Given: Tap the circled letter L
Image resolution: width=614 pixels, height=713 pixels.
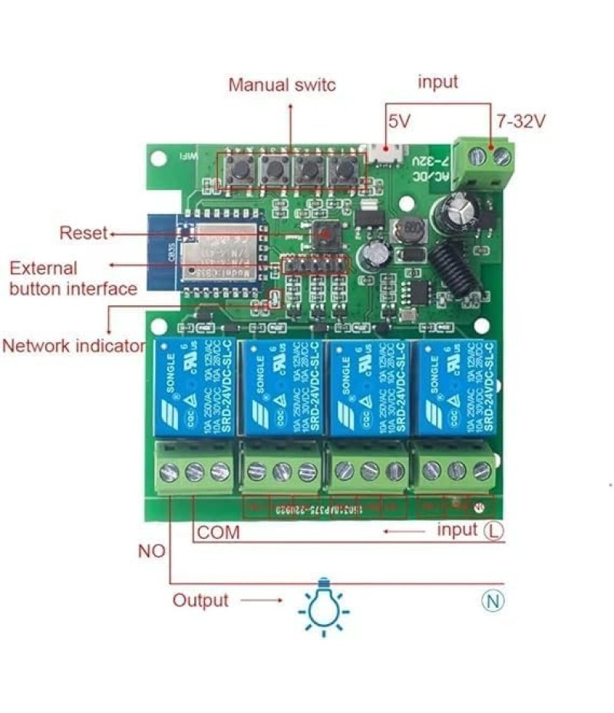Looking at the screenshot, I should coord(494,531).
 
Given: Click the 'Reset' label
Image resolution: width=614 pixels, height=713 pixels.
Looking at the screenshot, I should coord(84,233).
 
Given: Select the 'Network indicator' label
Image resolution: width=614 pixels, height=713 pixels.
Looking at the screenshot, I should coord(74,345).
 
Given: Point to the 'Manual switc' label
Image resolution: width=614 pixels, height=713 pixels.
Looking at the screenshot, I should coord(282,84).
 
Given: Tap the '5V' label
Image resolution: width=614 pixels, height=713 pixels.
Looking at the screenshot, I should coord(400,121).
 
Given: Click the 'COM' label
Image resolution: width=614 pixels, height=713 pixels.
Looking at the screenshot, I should coord(219,532).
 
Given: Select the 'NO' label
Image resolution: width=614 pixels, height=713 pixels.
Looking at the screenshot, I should coord(151,551).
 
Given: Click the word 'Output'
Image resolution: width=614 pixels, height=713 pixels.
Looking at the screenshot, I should coord(200,600).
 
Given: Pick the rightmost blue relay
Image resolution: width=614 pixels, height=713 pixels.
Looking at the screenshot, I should coord(455,387).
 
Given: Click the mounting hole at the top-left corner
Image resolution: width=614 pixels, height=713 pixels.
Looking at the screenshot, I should coord(159,159).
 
